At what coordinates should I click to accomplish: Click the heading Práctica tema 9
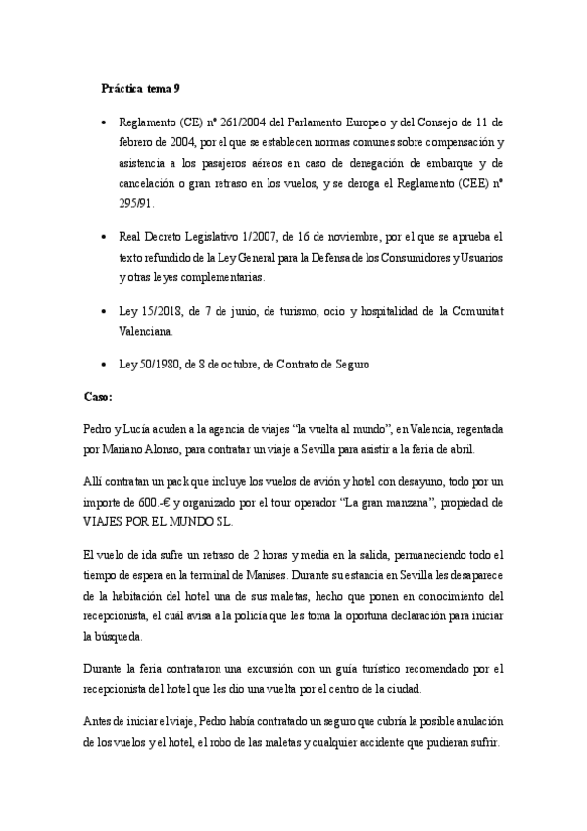[x=140, y=88]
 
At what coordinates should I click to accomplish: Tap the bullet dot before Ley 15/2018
[x=104, y=311]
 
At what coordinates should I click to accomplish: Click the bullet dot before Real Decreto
[x=104, y=238]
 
